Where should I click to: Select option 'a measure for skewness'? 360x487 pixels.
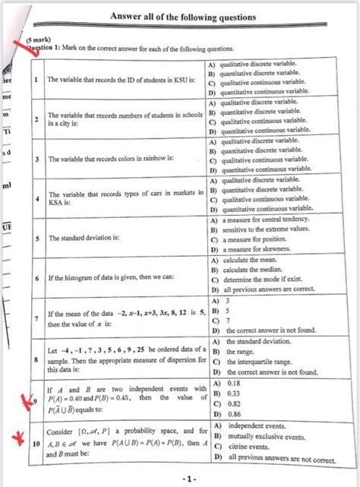point(258,249)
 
